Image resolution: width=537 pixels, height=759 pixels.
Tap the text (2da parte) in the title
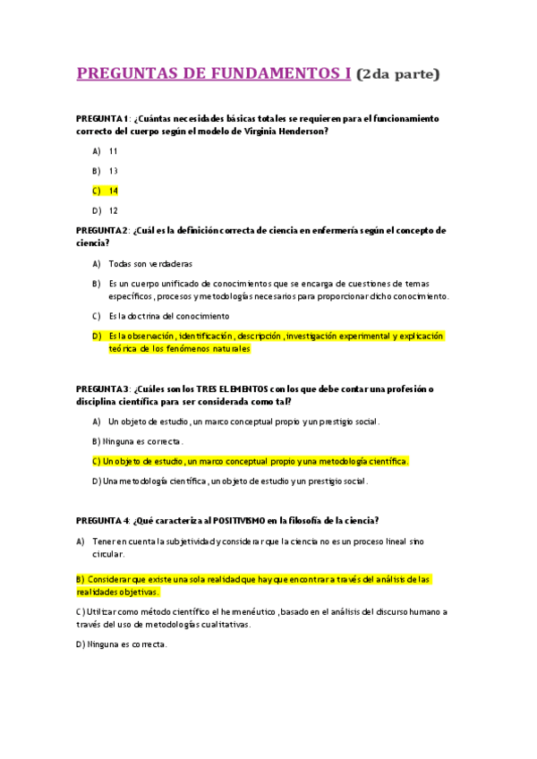[x=397, y=74]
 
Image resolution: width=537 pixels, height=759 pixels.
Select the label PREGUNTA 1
[x=103, y=118]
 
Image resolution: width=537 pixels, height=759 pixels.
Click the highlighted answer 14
[x=114, y=191]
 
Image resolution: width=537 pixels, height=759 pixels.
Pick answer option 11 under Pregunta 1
[x=114, y=151]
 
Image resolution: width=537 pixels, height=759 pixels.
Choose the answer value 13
[x=114, y=171]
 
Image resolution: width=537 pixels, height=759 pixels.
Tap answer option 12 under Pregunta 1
[x=114, y=210]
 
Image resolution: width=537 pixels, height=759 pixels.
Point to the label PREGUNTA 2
[x=103, y=230]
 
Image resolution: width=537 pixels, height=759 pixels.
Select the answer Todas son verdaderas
[x=150, y=264]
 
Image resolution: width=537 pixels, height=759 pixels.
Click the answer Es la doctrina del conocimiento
[x=169, y=316]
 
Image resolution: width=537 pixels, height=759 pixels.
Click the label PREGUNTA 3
[x=103, y=389]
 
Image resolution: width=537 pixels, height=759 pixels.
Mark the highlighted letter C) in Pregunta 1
[x=96, y=191]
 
